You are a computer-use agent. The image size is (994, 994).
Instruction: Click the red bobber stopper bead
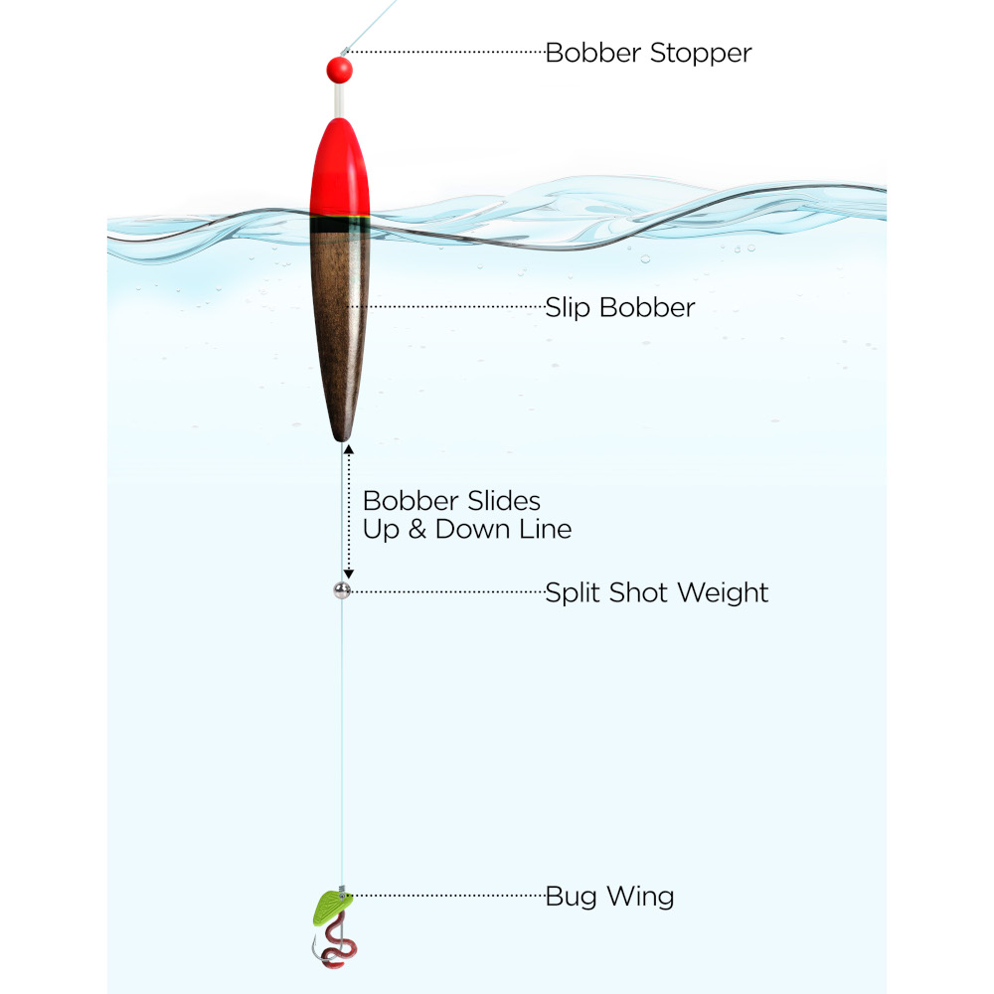pyautogui.click(x=339, y=70)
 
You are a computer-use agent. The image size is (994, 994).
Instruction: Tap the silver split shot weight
pyautogui.click(x=342, y=590)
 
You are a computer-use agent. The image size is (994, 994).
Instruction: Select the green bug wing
pyautogui.click(x=331, y=908)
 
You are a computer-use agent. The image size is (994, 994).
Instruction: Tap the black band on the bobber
pyautogui.click(x=340, y=225)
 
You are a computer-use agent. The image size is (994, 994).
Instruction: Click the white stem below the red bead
pyautogui.click(x=339, y=100)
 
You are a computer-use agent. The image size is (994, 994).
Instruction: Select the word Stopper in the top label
pyautogui.click(x=701, y=54)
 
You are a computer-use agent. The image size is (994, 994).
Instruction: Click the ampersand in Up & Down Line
pyautogui.click(x=417, y=530)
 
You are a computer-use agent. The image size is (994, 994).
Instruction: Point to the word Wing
pyautogui.click(x=640, y=897)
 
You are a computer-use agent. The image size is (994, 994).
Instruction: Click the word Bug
pyautogui.click(x=572, y=897)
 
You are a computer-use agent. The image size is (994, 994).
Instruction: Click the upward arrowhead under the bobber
pyautogui.click(x=348, y=449)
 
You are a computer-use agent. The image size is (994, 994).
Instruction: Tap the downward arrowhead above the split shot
pyautogui.click(x=348, y=575)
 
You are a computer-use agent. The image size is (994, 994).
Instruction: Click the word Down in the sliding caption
pyautogui.click(x=472, y=530)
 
